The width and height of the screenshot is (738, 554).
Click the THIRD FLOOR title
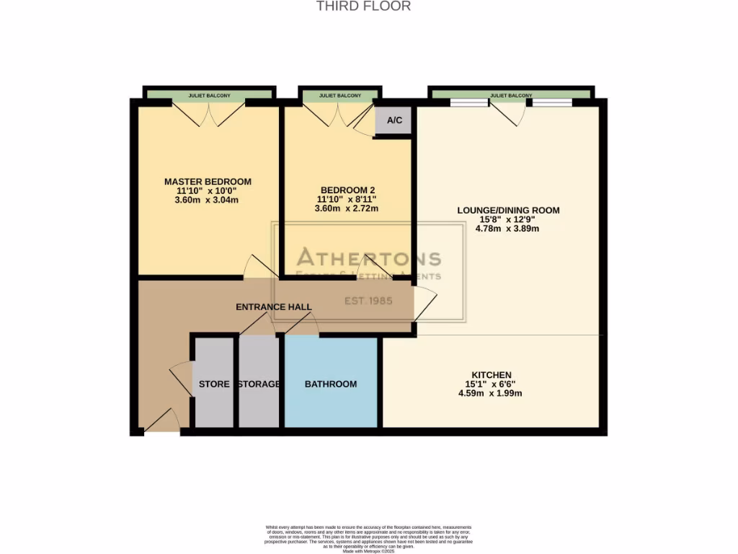(363, 6)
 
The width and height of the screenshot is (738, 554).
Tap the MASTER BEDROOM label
(208, 181)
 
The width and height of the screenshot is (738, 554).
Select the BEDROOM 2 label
(347, 188)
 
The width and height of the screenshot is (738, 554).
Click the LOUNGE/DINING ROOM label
(508, 211)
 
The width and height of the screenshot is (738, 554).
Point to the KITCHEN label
(491, 374)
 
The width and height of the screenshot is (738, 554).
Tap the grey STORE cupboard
(214, 384)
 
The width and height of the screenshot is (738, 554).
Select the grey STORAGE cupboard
(259, 384)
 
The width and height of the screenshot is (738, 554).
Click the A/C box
(394, 120)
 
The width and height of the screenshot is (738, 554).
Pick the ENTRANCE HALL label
(274, 307)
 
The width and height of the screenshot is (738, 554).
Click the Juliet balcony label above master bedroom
(209, 95)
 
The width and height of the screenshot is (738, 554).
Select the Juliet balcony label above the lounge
(511, 95)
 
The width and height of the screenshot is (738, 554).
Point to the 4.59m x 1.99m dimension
(491, 393)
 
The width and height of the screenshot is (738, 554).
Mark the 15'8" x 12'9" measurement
(508, 219)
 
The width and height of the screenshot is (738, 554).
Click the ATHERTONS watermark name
(369, 258)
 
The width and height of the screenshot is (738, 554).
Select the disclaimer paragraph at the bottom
(368, 537)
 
